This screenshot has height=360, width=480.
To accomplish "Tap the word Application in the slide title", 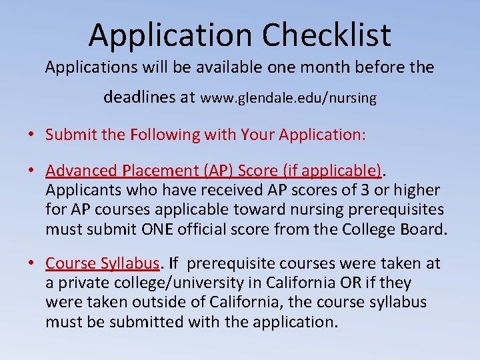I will tap(170, 35).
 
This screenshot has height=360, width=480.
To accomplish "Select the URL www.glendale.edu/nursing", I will tap(289, 98).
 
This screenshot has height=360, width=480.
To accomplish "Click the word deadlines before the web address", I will tap(140, 97).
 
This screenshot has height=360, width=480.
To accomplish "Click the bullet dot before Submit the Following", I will tap(31, 135).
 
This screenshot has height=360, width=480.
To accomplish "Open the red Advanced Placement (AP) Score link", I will tap(213, 171).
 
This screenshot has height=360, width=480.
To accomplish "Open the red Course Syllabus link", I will tap(103, 263).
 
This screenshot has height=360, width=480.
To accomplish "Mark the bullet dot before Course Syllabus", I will tap(31, 264).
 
